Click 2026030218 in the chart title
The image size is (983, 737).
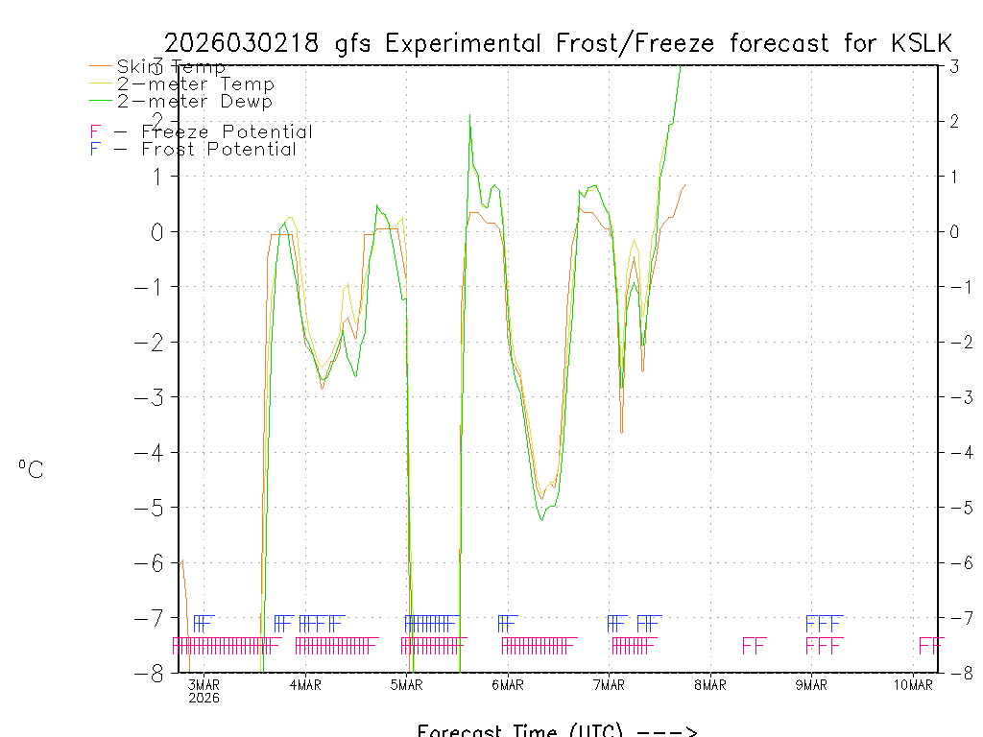(x=247, y=43)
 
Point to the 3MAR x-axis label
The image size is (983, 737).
(x=204, y=684)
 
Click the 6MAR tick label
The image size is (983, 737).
(x=508, y=684)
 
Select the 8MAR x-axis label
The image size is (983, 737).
(x=710, y=684)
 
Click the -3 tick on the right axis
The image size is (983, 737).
(x=953, y=396)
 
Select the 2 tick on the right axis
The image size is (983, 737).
(x=954, y=121)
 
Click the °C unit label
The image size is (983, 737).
(x=31, y=469)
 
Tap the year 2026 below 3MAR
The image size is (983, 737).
(x=204, y=698)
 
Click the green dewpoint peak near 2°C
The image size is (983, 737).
(x=469, y=117)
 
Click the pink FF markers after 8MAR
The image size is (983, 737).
(x=754, y=645)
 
